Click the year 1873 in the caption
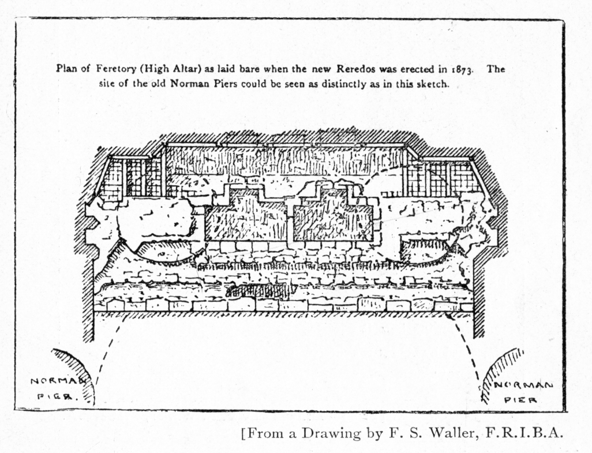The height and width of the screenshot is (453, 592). point(462,69)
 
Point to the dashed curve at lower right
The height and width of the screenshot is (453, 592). point(470,352)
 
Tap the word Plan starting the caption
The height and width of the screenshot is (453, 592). point(66,69)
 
